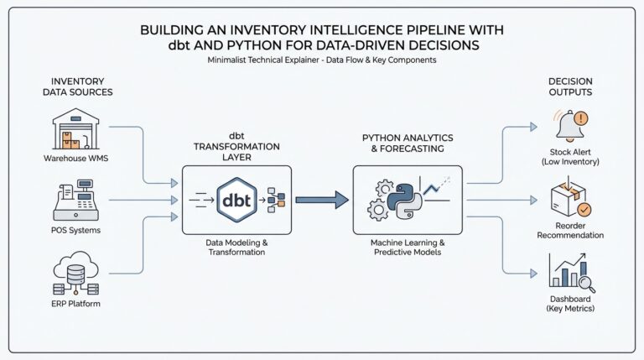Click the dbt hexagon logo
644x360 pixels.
pyautogui.click(x=236, y=200)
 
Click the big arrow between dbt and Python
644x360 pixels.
pyautogui.click(x=322, y=200)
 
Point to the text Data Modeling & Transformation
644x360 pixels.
pyautogui.click(x=236, y=248)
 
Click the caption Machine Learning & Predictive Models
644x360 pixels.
pyautogui.click(x=407, y=248)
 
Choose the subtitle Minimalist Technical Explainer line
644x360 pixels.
pyautogui.click(x=322, y=60)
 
